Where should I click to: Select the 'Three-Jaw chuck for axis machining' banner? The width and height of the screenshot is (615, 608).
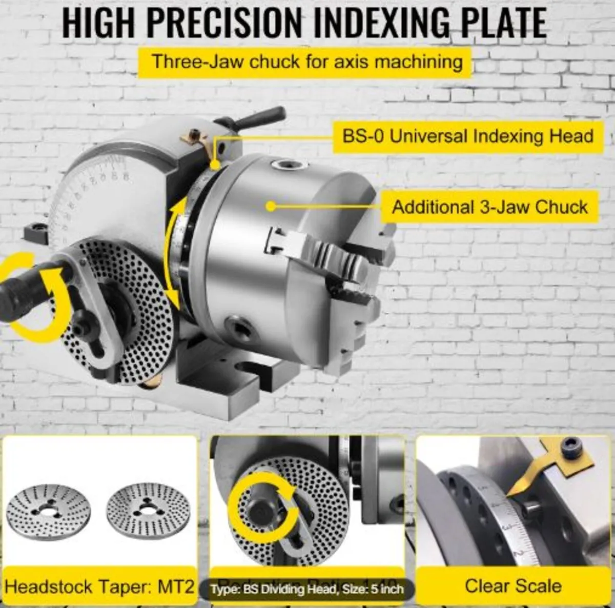click(x=306, y=62)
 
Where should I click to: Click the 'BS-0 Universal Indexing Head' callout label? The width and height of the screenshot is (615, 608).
click(x=467, y=136)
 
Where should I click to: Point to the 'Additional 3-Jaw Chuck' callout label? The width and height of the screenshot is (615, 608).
click(x=489, y=207)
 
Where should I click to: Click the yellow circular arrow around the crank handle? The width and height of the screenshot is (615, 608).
click(x=33, y=302)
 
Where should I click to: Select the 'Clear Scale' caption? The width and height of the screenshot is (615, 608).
click(x=513, y=585)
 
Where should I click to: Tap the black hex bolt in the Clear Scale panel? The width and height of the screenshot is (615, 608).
click(x=570, y=453)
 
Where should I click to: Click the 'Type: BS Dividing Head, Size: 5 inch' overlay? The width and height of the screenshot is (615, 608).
click(x=306, y=589)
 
